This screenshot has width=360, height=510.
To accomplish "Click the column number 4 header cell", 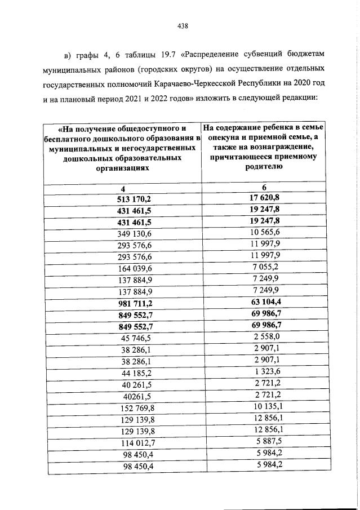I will [x=122, y=188].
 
